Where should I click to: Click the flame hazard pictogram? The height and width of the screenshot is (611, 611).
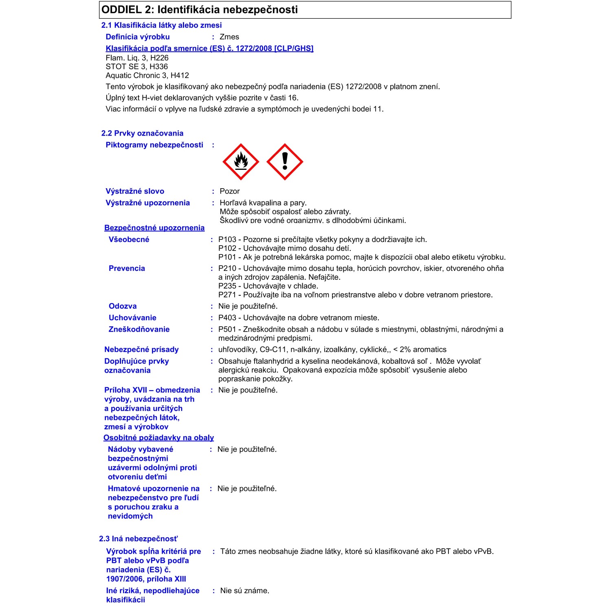pyautogui.click(x=241, y=162)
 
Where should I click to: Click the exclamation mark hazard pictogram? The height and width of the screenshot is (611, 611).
pyautogui.click(x=285, y=162)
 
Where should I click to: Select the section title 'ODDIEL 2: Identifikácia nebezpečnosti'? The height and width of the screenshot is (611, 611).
pyautogui.click(x=200, y=10)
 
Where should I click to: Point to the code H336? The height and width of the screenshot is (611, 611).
pyautogui.click(x=158, y=67)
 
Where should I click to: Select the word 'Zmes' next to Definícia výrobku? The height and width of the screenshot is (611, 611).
pyautogui.click(x=229, y=37)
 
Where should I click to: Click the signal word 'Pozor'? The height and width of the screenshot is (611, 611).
pyautogui.click(x=230, y=191)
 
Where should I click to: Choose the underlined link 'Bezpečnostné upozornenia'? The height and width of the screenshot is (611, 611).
pyautogui.click(x=154, y=228)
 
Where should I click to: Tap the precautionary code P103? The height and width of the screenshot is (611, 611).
pyautogui.click(x=227, y=240)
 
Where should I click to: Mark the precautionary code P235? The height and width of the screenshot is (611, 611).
pyautogui.click(x=227, y=286)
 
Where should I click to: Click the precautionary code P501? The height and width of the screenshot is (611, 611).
pyautogui.click(x=227, y=330)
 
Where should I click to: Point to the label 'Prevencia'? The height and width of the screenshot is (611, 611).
pyautogui.click(x=127, y=268)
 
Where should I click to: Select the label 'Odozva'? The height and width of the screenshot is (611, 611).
pyautogui.click(x=123, y=306)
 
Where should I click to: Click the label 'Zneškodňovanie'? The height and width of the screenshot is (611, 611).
pyautogui.click(x=139, y=330)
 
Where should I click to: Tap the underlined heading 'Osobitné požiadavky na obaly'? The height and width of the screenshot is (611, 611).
pyautogui.click(x=158, y=438)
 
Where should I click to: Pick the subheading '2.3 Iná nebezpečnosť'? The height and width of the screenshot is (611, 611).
pyautogui.click(x=138, y=539)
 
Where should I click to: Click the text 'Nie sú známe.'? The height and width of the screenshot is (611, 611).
pyautogui.click(x=245, y=591)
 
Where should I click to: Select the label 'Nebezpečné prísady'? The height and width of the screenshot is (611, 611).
pyautogui.click(x=141, y=349)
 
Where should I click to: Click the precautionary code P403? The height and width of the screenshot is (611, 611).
pyautogui.click(x=227, y=318)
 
